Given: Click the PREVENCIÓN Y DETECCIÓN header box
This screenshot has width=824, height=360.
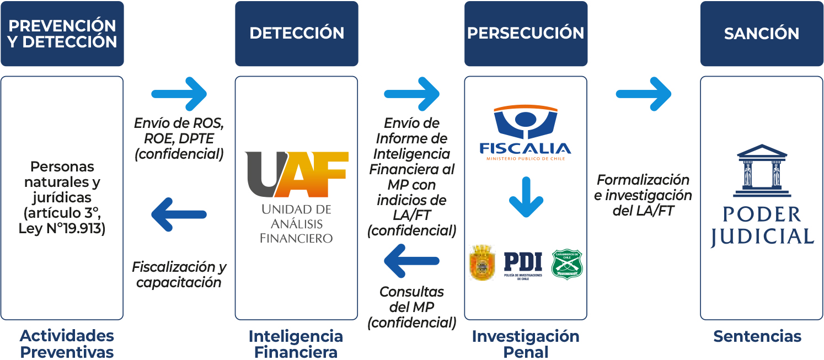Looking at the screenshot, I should [x=62, y=34].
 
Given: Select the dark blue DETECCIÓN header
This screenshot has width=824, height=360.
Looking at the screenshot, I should [x=297, y=34].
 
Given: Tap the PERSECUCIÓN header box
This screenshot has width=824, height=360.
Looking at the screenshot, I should [x=526, y=34].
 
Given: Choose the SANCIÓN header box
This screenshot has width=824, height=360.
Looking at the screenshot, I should [x=762, y=34].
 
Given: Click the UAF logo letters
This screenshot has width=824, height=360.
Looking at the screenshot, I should [x=297, y=174].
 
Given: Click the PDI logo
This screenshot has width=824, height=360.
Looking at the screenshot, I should [x=523, y=264].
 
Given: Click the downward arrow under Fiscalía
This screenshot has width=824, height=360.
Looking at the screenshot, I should [x=526, y=197].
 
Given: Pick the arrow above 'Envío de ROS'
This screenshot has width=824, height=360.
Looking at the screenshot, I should [x=179, y=94].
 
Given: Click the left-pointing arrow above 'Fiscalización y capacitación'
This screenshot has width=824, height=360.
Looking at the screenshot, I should [x=179, y=214].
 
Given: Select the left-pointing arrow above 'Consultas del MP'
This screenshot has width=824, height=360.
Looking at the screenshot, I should [x=411, y=261].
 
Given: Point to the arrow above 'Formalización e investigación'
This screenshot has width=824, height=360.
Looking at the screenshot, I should [x=644, y=94].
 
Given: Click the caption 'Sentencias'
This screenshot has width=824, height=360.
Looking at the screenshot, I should [x=757, y=336].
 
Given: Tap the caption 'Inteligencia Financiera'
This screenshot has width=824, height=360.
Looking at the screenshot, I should [x=296, y=344].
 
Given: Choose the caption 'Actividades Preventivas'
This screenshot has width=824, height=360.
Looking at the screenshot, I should [x=67, y=344].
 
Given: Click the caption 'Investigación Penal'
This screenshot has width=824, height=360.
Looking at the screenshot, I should [x=526, y=344].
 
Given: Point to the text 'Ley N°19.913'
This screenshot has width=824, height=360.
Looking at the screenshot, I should [x=62, y=228].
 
